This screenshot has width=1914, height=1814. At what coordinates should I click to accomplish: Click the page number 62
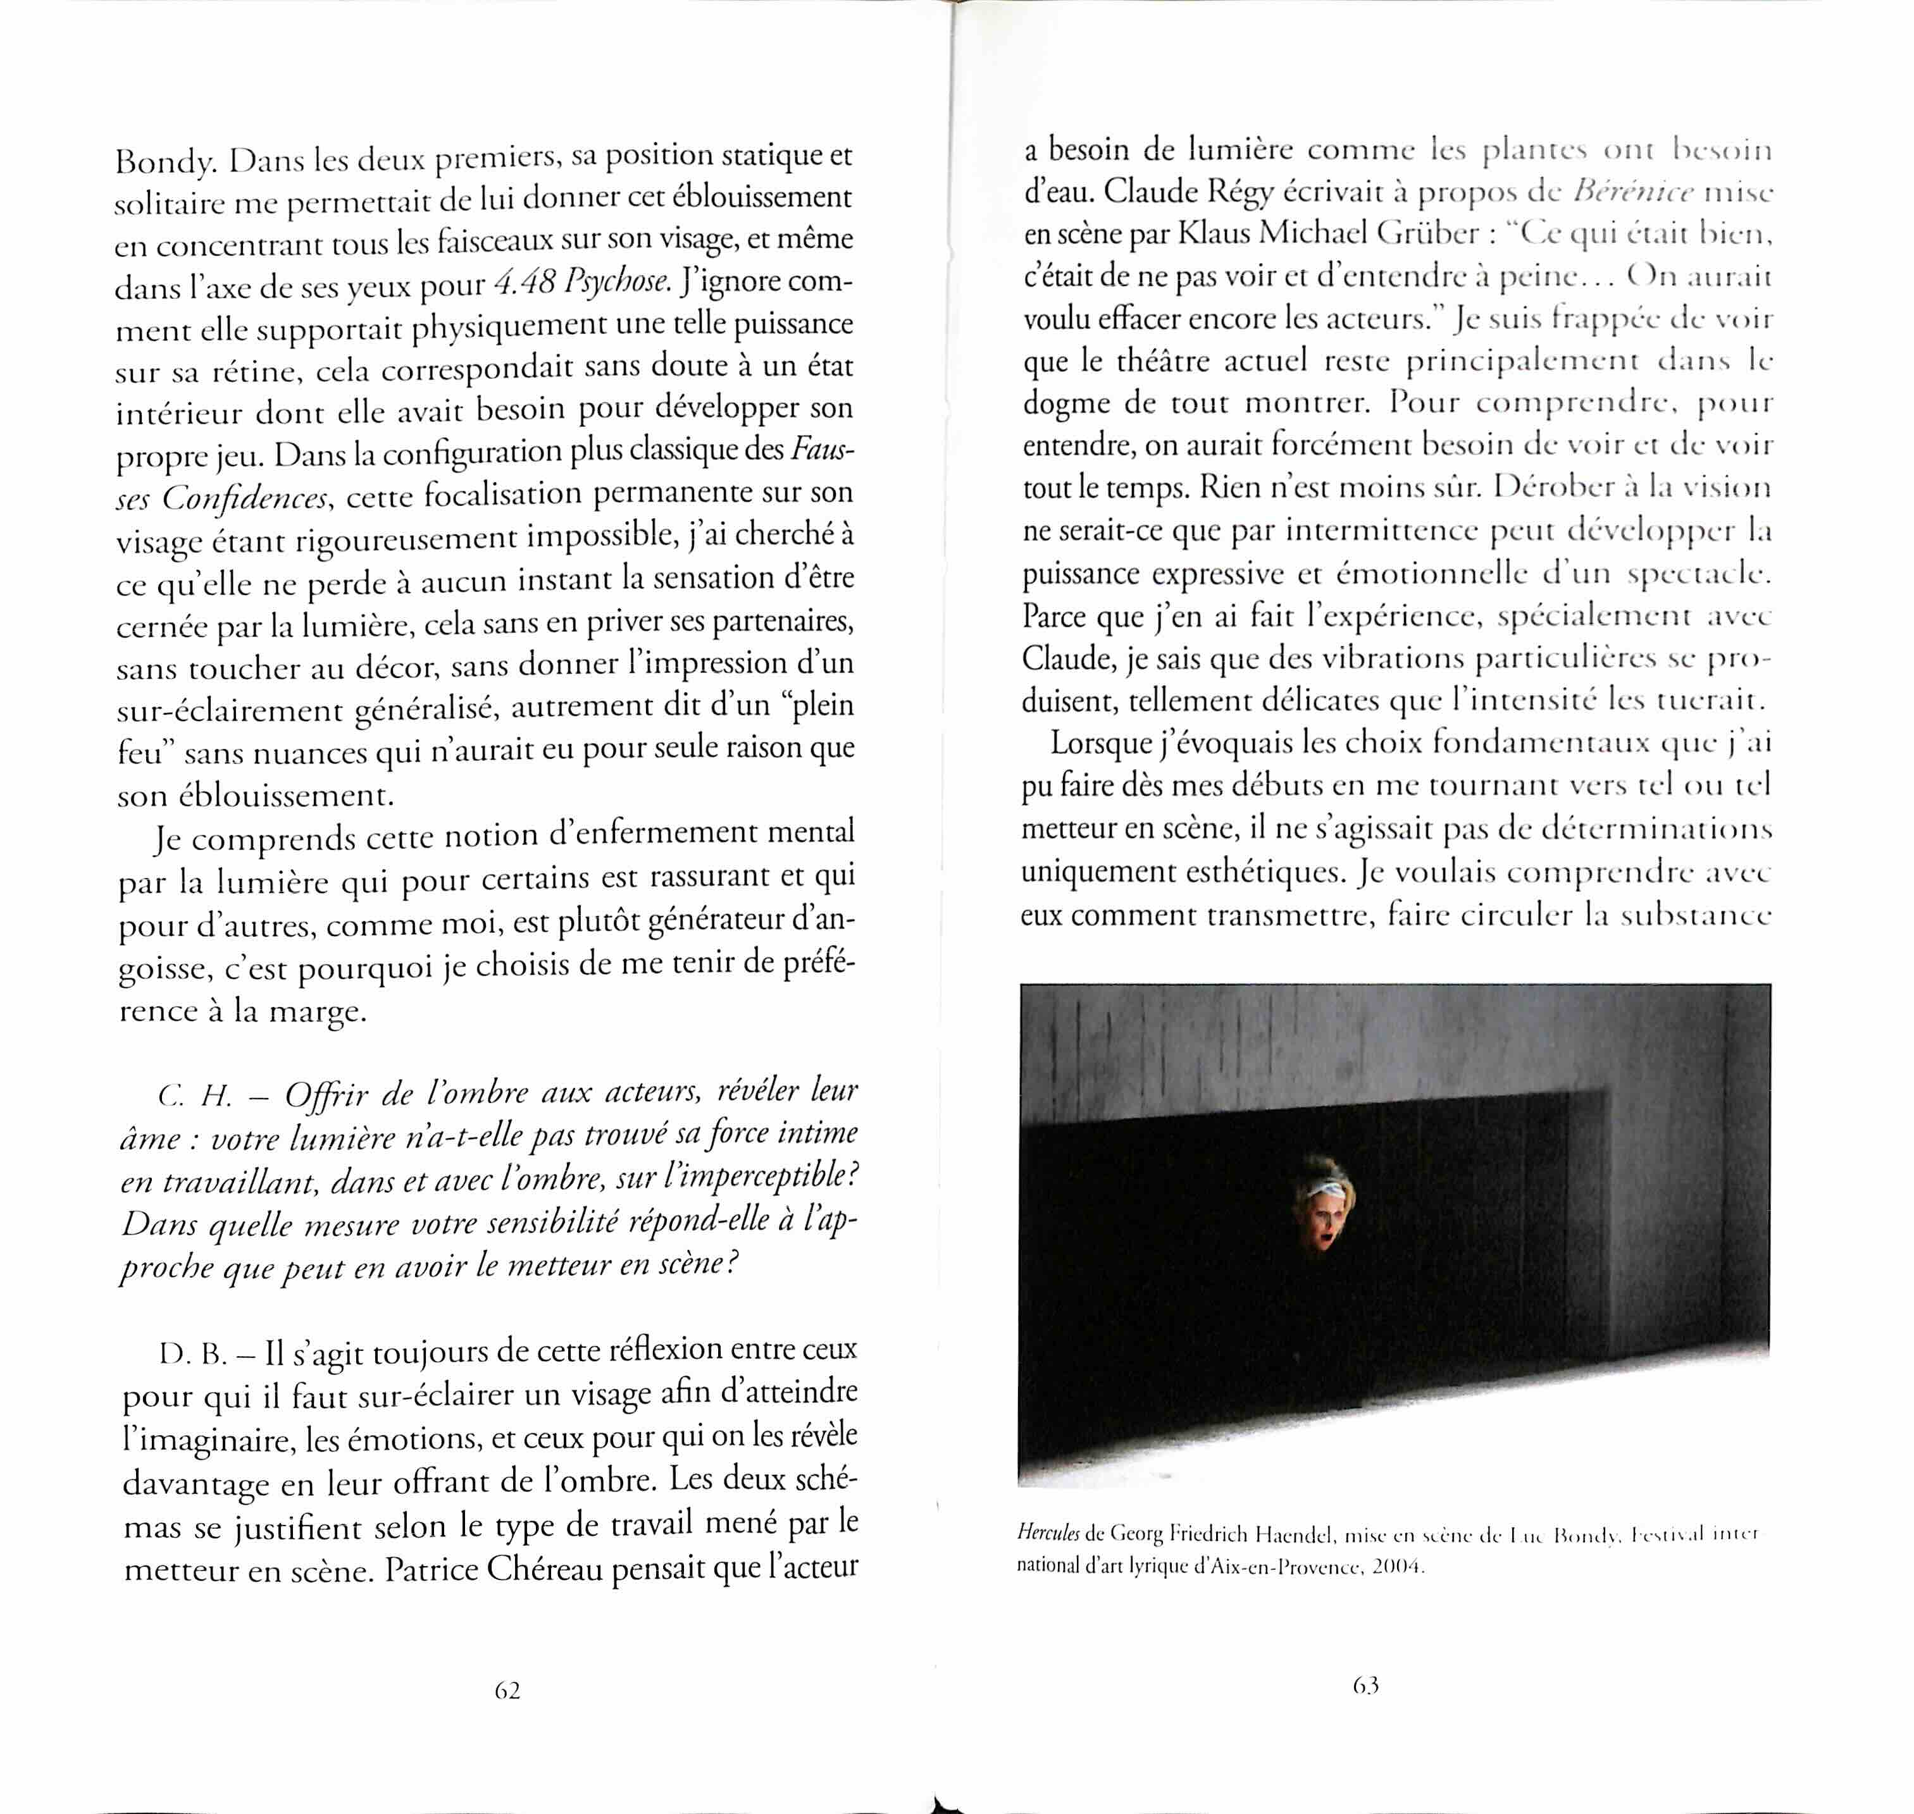click(507, 1689)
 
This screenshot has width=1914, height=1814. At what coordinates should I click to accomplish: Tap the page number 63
click(1365, 1686)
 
